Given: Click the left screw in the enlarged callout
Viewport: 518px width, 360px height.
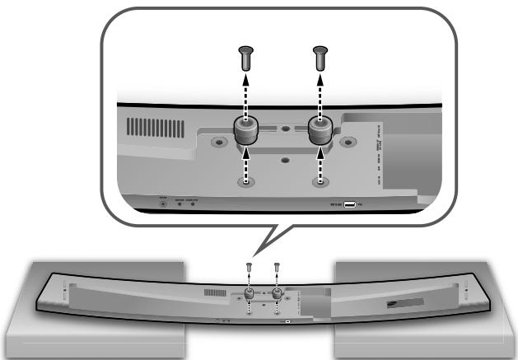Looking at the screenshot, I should pyautogui.click(x=244, y=58).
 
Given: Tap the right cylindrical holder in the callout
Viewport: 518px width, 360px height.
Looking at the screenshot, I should pyautogui.click(x=319, y=129).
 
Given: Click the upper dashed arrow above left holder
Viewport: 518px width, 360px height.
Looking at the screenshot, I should pyautogui.click(x=244, y=95).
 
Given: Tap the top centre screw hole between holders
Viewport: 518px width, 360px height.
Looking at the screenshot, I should pyautogui.click(x=284, y=129).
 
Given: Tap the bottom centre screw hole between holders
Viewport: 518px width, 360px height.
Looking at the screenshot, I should pyautogui.click(x=284, y=161).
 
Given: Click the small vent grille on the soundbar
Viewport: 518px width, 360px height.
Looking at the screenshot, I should pyautogui.click(x=215, y=292).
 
